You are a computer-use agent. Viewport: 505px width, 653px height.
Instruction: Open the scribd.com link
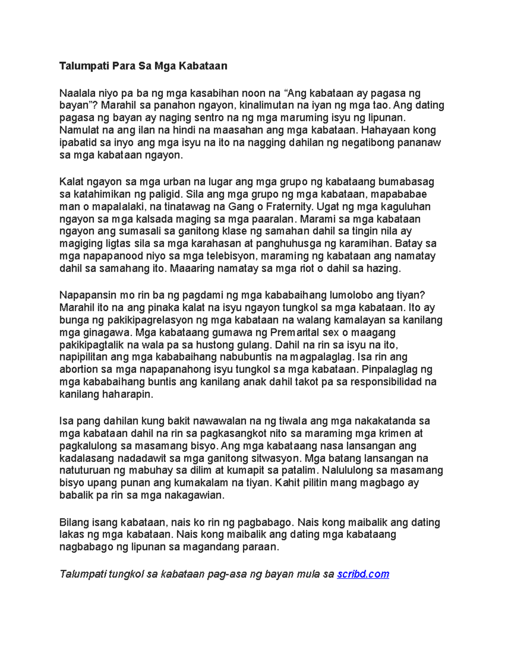point(363,574)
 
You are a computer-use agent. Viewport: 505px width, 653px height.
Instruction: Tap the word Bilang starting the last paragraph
point(72,523)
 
